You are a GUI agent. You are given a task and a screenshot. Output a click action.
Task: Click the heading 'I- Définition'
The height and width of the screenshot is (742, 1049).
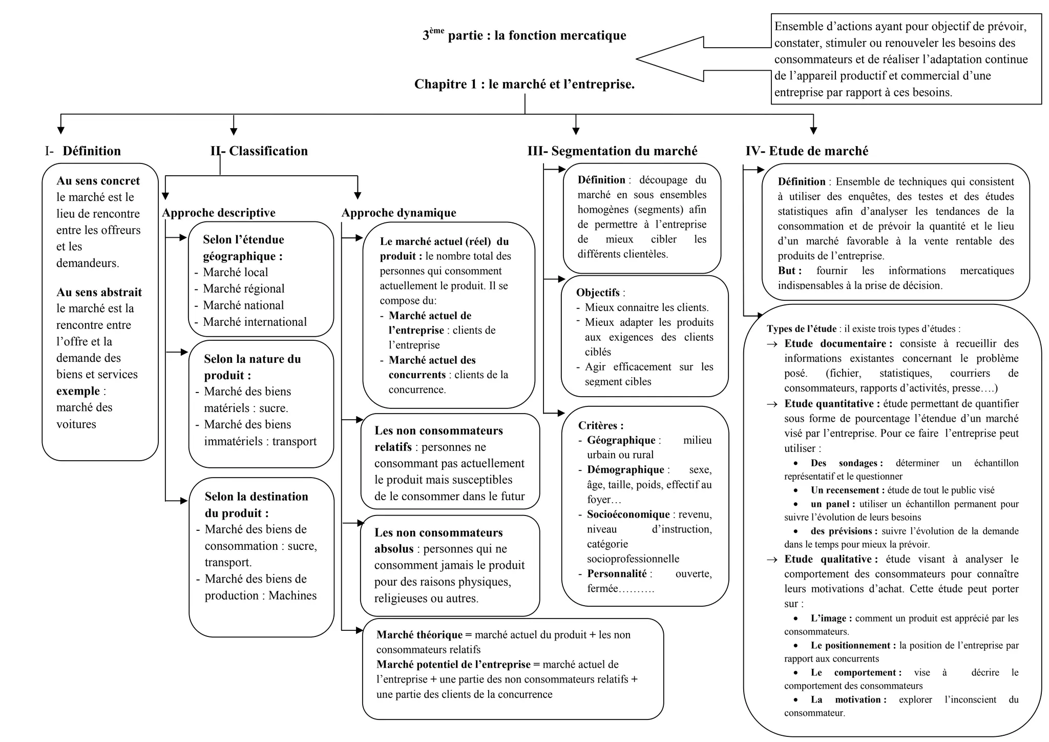83,151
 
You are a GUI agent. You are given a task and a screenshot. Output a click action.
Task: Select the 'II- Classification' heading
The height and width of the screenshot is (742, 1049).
259,151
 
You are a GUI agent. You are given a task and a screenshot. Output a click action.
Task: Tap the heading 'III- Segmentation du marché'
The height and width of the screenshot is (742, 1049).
613,151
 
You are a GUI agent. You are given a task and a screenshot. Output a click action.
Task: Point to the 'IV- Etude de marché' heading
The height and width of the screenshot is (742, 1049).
807,151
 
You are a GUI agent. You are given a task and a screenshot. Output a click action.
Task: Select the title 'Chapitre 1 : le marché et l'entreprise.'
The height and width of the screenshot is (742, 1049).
524,85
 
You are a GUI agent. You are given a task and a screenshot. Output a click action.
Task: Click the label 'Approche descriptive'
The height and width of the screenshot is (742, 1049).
219,213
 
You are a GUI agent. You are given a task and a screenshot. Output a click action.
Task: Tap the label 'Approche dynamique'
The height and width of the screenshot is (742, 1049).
399,213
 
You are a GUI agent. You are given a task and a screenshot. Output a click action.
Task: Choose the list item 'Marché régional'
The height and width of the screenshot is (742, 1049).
244,289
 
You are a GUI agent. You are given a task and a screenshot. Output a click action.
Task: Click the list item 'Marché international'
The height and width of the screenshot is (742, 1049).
255,322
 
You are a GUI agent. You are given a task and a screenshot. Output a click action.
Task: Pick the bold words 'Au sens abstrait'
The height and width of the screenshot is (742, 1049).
99,293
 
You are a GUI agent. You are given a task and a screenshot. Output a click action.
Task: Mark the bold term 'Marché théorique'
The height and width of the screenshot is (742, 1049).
419,635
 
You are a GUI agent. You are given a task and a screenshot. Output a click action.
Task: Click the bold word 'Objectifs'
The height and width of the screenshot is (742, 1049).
598,293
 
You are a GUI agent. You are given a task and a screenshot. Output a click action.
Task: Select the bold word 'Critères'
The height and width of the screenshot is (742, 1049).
600,425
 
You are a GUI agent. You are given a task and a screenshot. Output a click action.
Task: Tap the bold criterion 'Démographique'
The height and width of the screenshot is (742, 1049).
625,470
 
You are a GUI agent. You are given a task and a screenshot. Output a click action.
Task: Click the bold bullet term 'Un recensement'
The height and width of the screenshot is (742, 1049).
847,490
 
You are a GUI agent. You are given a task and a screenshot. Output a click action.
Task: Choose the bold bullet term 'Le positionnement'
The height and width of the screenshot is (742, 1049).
853,646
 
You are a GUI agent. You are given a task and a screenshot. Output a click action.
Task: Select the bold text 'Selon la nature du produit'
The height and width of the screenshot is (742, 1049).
253,367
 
